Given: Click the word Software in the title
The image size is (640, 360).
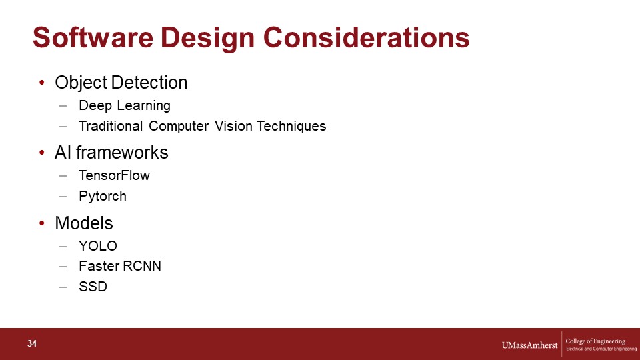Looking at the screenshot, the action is pyautogui.click(x=93, y=37).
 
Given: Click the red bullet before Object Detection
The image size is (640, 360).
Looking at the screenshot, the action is pyautogui.click(x=41, y=83).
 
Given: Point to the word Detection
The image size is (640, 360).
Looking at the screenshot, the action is pyautogui.click(x=149, y=83).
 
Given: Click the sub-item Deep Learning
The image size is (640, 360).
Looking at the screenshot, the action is pyautogui.click(x=125, y=105).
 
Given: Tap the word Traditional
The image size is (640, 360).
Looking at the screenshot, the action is pyautogui.click(x=111, y=126).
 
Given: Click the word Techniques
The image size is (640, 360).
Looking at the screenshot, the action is pyautogui.click(x=291, y=126).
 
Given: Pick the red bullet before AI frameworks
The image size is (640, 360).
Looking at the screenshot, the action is pyautogui.click(x=41, y=153).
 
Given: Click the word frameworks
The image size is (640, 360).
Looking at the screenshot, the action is pyautogui.click(x=122, y=153).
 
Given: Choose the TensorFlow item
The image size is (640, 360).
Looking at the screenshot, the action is pyautogui.click(x=114, y=175).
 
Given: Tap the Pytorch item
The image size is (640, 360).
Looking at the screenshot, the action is pyautogui.click(x=103, y=196).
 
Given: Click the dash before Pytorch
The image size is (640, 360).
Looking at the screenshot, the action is pyautogui.click(x=63, y=196).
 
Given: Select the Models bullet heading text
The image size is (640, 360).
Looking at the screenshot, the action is pyautogui.click(x=84, y=223).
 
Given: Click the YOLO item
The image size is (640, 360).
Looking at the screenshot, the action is pyautogui.click(x=98, y=246).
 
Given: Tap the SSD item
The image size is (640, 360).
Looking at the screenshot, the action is pyautogui.click(x=93, y=287).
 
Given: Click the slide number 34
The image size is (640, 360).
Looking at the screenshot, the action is pyautogui.click(x=32, y=344).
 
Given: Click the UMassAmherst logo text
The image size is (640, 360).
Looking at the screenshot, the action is pyautogui.click(x=529, y=345).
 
